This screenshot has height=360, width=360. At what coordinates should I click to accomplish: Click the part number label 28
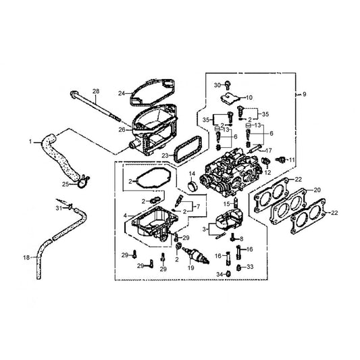[x=96, y=91]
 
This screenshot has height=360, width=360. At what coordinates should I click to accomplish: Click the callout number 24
[x=122, y=93]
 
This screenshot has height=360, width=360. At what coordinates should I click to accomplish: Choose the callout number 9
[x=305, y=94]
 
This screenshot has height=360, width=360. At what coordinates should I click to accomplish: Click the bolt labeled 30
[x=228, y=85]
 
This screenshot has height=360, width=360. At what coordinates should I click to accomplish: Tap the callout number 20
[x=317, y=190]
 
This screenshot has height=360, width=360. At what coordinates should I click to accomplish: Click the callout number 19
[x=190, y=267]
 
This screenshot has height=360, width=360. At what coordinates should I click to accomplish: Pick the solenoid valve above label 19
[x=196, y=255]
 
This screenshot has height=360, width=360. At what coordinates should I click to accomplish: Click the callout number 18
[x=26, y=257]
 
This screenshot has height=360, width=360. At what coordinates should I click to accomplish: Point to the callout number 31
[x=59, y=208]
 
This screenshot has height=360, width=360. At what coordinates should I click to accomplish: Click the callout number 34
[x=220, y=274]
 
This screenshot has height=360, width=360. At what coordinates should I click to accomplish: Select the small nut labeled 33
[x=239, y=267]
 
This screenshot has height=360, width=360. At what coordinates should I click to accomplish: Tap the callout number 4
[x=125, y=215]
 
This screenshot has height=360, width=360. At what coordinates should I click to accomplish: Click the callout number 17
[x=268, y=151]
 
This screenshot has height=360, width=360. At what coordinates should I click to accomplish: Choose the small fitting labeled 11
[x=280, y=159]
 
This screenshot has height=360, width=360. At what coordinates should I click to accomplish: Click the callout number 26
[x=122, y=130]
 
